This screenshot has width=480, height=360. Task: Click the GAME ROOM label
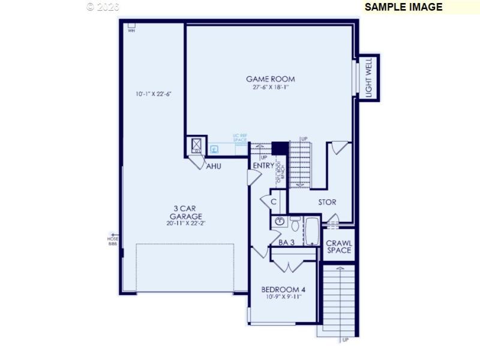pos(270,79)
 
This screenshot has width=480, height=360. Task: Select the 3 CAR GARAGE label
pos(185,212)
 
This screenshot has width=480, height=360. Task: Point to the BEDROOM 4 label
pos(280,289)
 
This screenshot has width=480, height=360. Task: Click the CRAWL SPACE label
pos(339,247)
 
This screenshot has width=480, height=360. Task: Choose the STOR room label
pos(327,202)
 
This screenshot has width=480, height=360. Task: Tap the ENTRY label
pos(263,166)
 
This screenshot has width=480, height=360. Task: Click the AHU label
pos(214,166)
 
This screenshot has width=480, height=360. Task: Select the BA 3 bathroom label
pos(286,242)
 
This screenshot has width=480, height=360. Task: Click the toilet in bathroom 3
pos(295,224)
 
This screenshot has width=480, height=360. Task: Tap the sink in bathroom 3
pos(279,222)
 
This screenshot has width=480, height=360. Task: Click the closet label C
pos(273,202)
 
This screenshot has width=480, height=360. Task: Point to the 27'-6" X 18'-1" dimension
pos(270,88)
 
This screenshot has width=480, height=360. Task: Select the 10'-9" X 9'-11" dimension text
pos(280,297)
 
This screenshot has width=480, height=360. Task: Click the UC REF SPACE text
pos(240,138)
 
